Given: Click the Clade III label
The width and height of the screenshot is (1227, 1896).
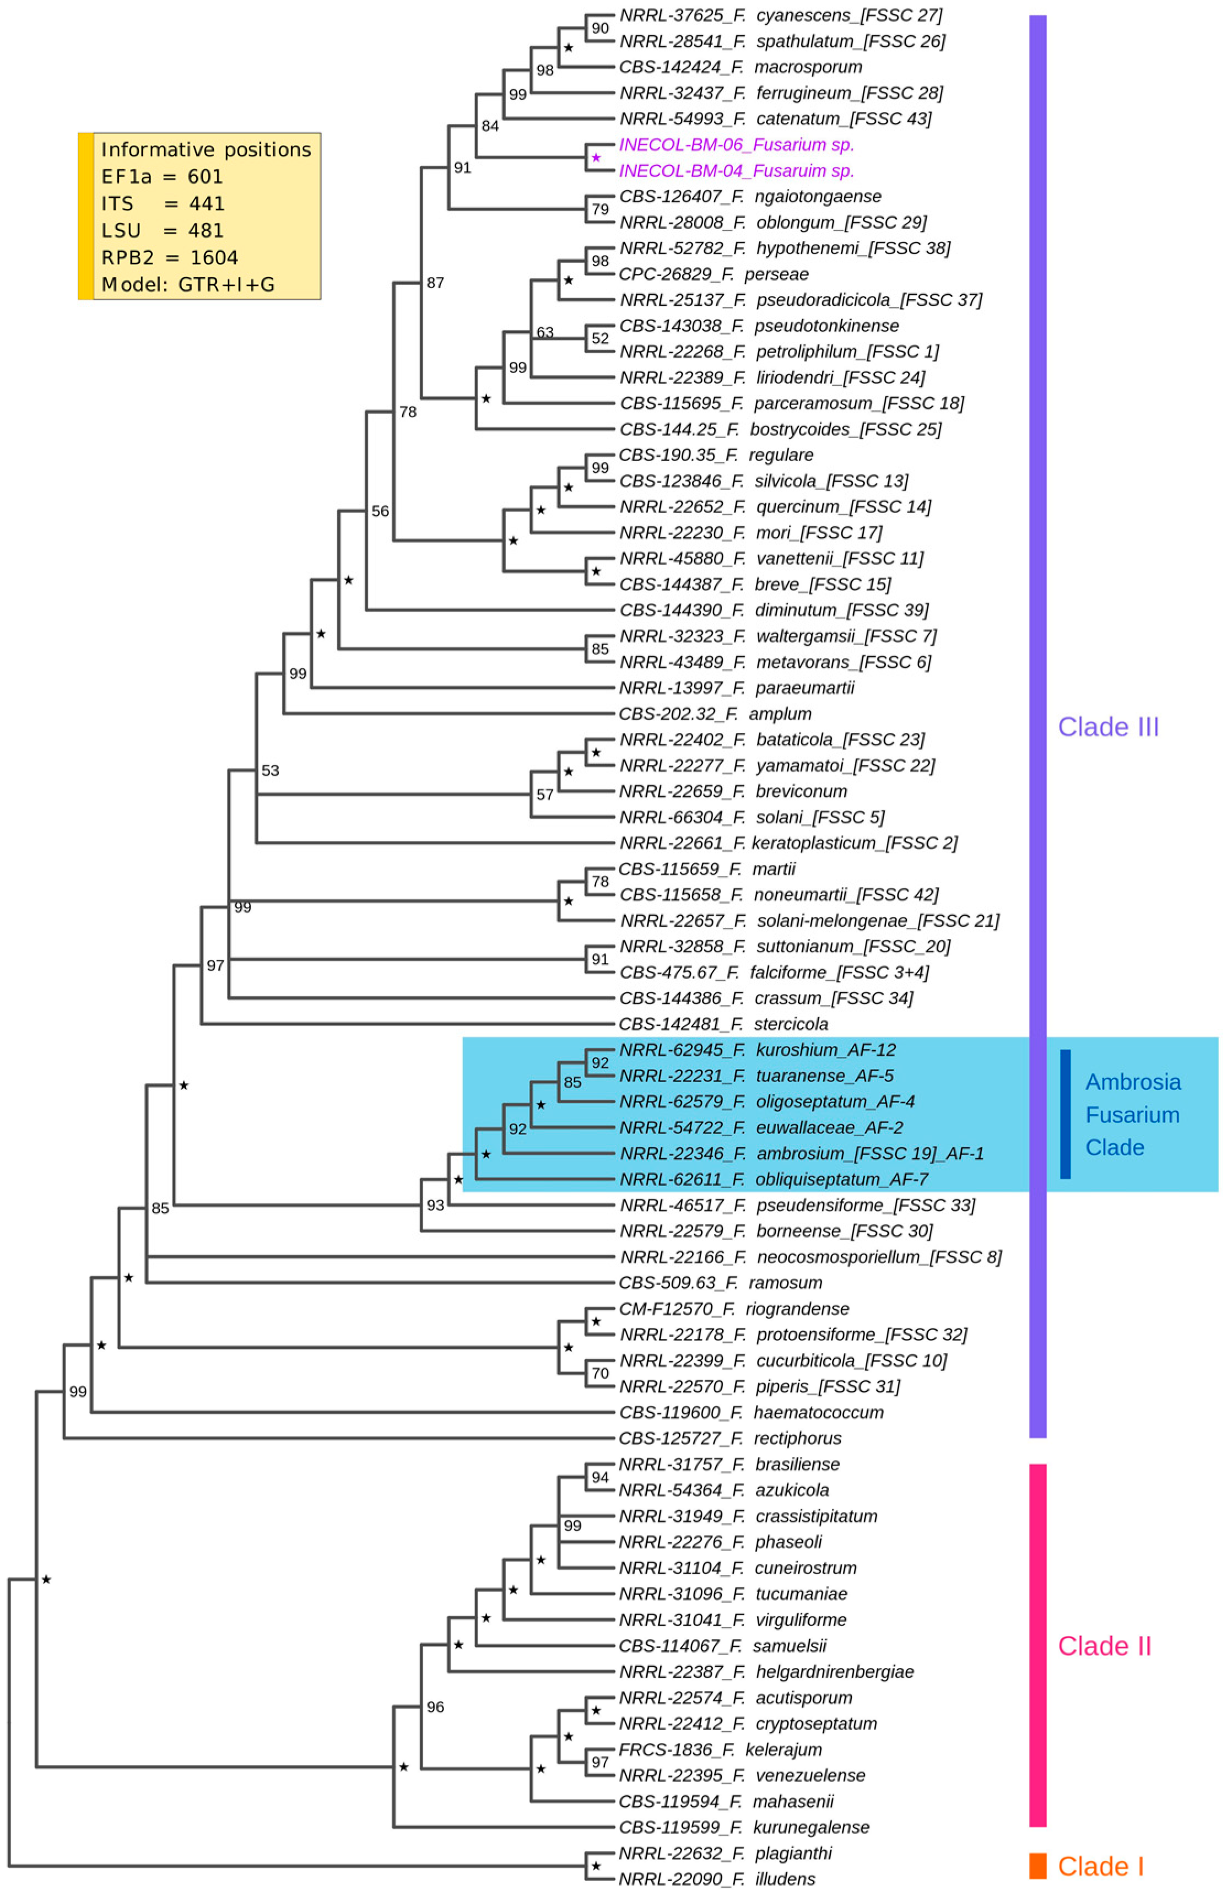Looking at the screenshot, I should [1107, 727].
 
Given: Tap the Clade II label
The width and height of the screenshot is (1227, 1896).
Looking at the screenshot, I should [1104, 1646].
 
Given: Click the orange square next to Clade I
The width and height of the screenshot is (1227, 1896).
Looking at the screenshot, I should [1037, 1866].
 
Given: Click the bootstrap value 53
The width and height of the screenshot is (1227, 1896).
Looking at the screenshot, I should [270, 770].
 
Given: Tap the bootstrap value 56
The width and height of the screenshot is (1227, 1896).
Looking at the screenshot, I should [380, 511].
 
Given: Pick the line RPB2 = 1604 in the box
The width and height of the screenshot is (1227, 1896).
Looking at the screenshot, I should [170, 257].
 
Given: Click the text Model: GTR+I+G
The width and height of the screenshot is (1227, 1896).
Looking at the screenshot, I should [188, 284].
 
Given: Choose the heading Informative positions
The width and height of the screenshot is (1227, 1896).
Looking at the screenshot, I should [206, 150].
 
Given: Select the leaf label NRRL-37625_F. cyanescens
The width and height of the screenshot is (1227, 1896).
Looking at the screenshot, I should [781, 15].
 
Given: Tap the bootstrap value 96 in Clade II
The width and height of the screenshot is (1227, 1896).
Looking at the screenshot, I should [435, 1707].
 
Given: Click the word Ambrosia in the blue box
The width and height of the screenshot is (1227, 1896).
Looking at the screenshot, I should [1133, 1082].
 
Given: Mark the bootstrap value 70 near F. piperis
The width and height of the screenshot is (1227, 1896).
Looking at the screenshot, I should [600, 1374].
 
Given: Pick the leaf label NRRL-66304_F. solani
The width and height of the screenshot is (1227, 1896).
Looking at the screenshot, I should [752, 817].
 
